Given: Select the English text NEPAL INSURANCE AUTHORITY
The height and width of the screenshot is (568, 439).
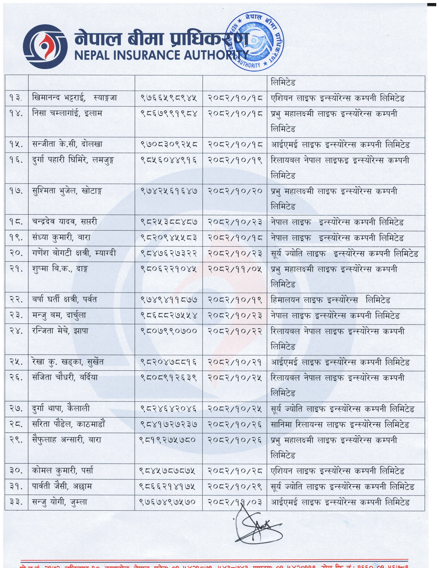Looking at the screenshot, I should click(161, 55).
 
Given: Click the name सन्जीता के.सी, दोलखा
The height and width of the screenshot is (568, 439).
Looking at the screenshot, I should click(67, 145).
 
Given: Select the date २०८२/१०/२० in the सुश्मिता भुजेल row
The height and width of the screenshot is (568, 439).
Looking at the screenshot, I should click(235, 191).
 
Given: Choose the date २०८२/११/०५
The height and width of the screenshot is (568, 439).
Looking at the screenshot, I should click(235, 269).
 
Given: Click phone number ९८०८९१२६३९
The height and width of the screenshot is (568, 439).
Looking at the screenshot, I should click(169, 378).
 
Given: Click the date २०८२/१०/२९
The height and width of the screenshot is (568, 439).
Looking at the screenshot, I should click(235, 487).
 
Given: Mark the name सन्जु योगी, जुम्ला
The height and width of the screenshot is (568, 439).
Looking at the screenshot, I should click(60, 502).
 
